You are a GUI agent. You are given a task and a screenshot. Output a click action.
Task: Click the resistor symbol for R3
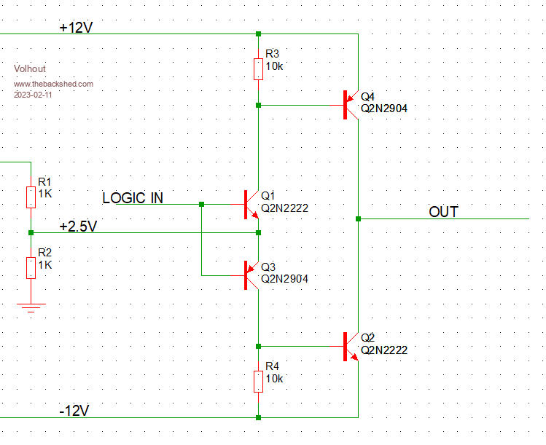click(x=258, y=69)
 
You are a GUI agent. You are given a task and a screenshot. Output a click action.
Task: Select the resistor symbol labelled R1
click(x=31, y=197)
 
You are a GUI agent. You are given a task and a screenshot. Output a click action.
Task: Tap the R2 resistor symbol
click(x=31, y=267)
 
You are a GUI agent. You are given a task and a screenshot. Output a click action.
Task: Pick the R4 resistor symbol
click(x=258, y=381)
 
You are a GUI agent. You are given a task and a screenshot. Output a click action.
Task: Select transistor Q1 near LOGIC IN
click(x=250, y=204)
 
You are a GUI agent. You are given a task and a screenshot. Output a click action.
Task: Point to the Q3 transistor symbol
click(x=250, y=275)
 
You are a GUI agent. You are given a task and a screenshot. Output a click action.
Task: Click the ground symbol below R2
click(x=31, y=306)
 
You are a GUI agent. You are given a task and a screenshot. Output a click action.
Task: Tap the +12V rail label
click(x=77, y=27)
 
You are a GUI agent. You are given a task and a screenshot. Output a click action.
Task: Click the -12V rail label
click(x=74, y=411)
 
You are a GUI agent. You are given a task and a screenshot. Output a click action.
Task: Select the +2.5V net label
click(x=77, y=226)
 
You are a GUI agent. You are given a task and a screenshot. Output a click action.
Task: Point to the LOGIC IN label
click(x=133, y=198)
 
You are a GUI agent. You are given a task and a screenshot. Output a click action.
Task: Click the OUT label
click(x=443, y=212)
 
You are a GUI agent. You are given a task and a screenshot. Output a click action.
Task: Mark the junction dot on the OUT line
click(x=358, y=218)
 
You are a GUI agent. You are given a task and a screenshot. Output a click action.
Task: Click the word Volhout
click(x=30, y=69)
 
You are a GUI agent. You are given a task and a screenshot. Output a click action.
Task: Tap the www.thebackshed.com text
click(x=53, y=84)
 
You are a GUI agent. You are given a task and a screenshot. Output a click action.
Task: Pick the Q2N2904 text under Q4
click(x=384, y=108)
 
